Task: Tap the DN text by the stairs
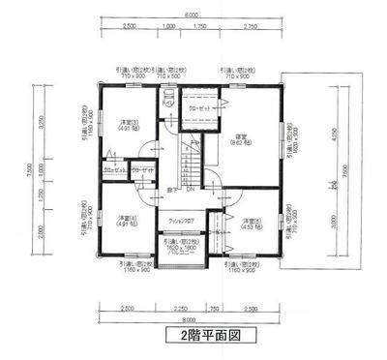[190, 190]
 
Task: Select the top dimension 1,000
[170, 26]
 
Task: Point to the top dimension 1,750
[201, 26]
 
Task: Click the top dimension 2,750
[250, 26]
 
